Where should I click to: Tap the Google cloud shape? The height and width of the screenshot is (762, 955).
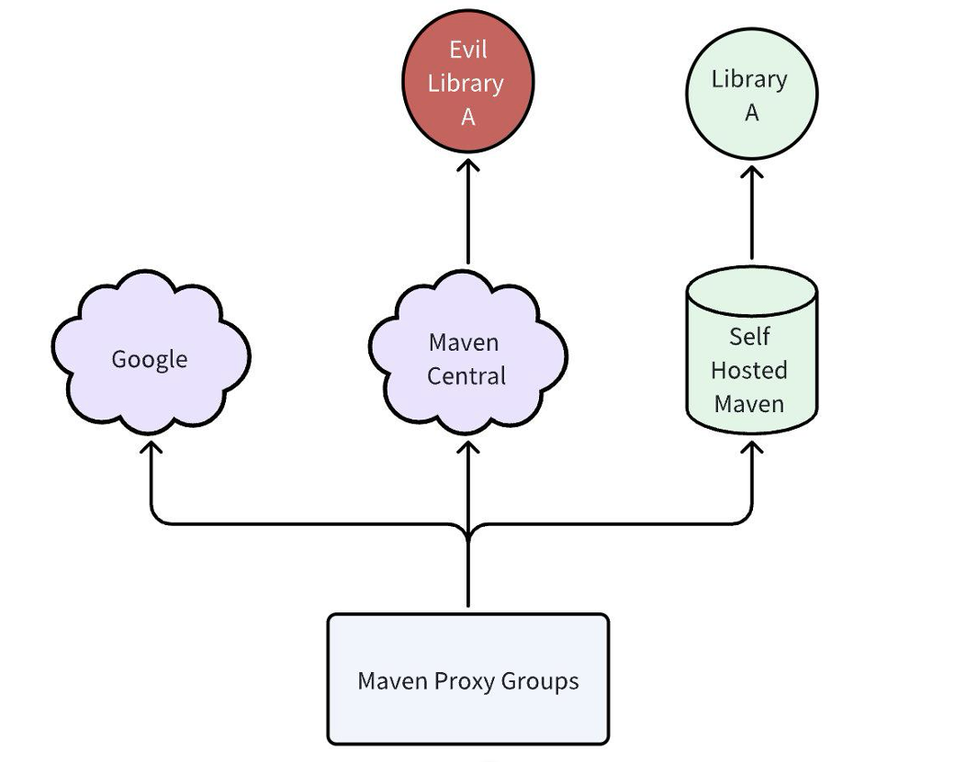pyautogui.click(x=150, y=358)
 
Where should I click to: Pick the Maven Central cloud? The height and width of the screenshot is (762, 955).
pyautogui.click(x=467, y=358)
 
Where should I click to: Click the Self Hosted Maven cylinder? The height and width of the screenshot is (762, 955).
pyautogui.click(x=751, y=358)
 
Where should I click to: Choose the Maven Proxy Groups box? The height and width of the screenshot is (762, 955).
pyautogui.click(x=468, y=679)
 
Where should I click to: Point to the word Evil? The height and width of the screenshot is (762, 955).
pyautogui.click(x=467, y=49)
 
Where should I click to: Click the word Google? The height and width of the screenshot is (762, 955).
pyautogui.click(x=150, y=359)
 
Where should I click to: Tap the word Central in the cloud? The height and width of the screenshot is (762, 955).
pyautogui.click(x=466, y=375)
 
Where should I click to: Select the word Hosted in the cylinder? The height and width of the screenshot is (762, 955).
pyautogui.click(x=749, y=370)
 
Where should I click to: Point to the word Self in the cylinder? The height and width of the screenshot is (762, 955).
pyautogui.click(x=749, y=337)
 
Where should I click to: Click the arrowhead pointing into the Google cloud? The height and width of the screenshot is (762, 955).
pyautogui.click(x=150, y=448)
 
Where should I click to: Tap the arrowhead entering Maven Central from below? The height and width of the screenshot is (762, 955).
pyautogui.click(x=468, y=448)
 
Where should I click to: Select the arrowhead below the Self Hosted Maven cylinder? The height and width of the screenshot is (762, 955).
pyautogui.click(x=751, y=448)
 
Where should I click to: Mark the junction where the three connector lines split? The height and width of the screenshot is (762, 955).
pyautogui.click(x=468, y=531)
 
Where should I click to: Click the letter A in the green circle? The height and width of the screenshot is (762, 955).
pyautogui.click(x=751, y=113)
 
